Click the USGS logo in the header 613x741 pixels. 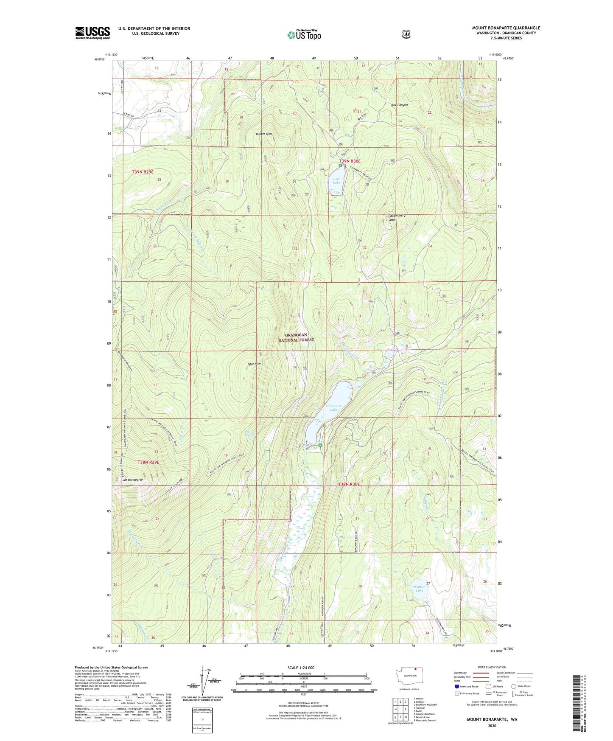92,33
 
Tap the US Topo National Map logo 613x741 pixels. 304,34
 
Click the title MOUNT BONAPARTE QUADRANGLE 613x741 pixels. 506,28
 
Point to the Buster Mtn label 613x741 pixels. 263,134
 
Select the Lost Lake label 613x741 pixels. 336,181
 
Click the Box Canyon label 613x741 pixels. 399,105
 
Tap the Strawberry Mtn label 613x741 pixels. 397,217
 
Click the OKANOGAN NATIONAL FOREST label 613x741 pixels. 296,337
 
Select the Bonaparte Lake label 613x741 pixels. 333,407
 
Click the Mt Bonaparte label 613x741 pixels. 132,480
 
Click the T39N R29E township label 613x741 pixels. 143,172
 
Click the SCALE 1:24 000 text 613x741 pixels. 301,668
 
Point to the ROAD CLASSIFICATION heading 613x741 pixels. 492,667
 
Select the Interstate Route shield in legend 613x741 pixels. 456,686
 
